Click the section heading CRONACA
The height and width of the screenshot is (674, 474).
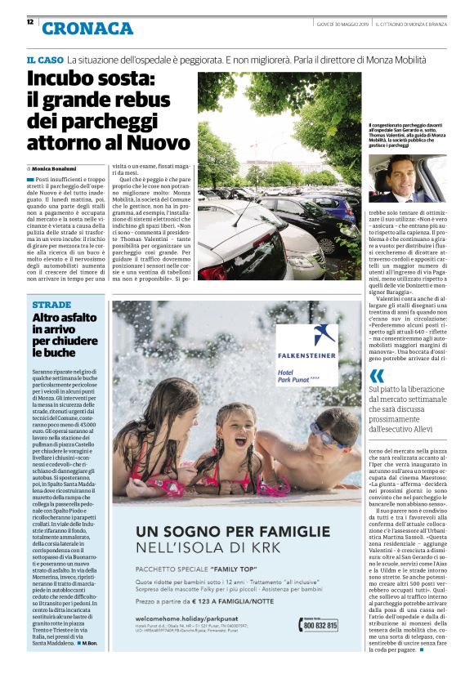pyautogui.click(x=87, y=29)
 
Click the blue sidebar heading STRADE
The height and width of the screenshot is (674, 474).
pyautogui.click(x=51, y=304)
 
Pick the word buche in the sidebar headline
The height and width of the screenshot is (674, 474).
pyautogui.click(x=49, y=353)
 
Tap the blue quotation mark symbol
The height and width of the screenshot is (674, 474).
pyautogui.click(x=377, y=375)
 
